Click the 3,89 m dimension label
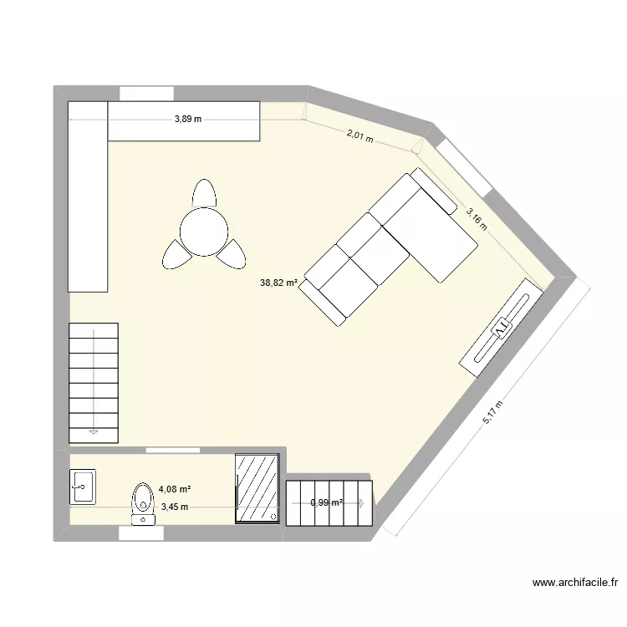coord(188,120)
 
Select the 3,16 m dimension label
coord(477,218)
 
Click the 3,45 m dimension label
coord(175,507)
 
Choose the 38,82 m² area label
coord(279,283)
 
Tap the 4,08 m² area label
coord(175,489)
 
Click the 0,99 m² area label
coord(327,503)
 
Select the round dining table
coord(204,230)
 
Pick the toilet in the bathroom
coord(143,500)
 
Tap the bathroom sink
coord(83,486)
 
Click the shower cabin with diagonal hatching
coord(257,488)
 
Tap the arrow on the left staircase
coord(93,432)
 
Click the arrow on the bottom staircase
coord(361,503)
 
